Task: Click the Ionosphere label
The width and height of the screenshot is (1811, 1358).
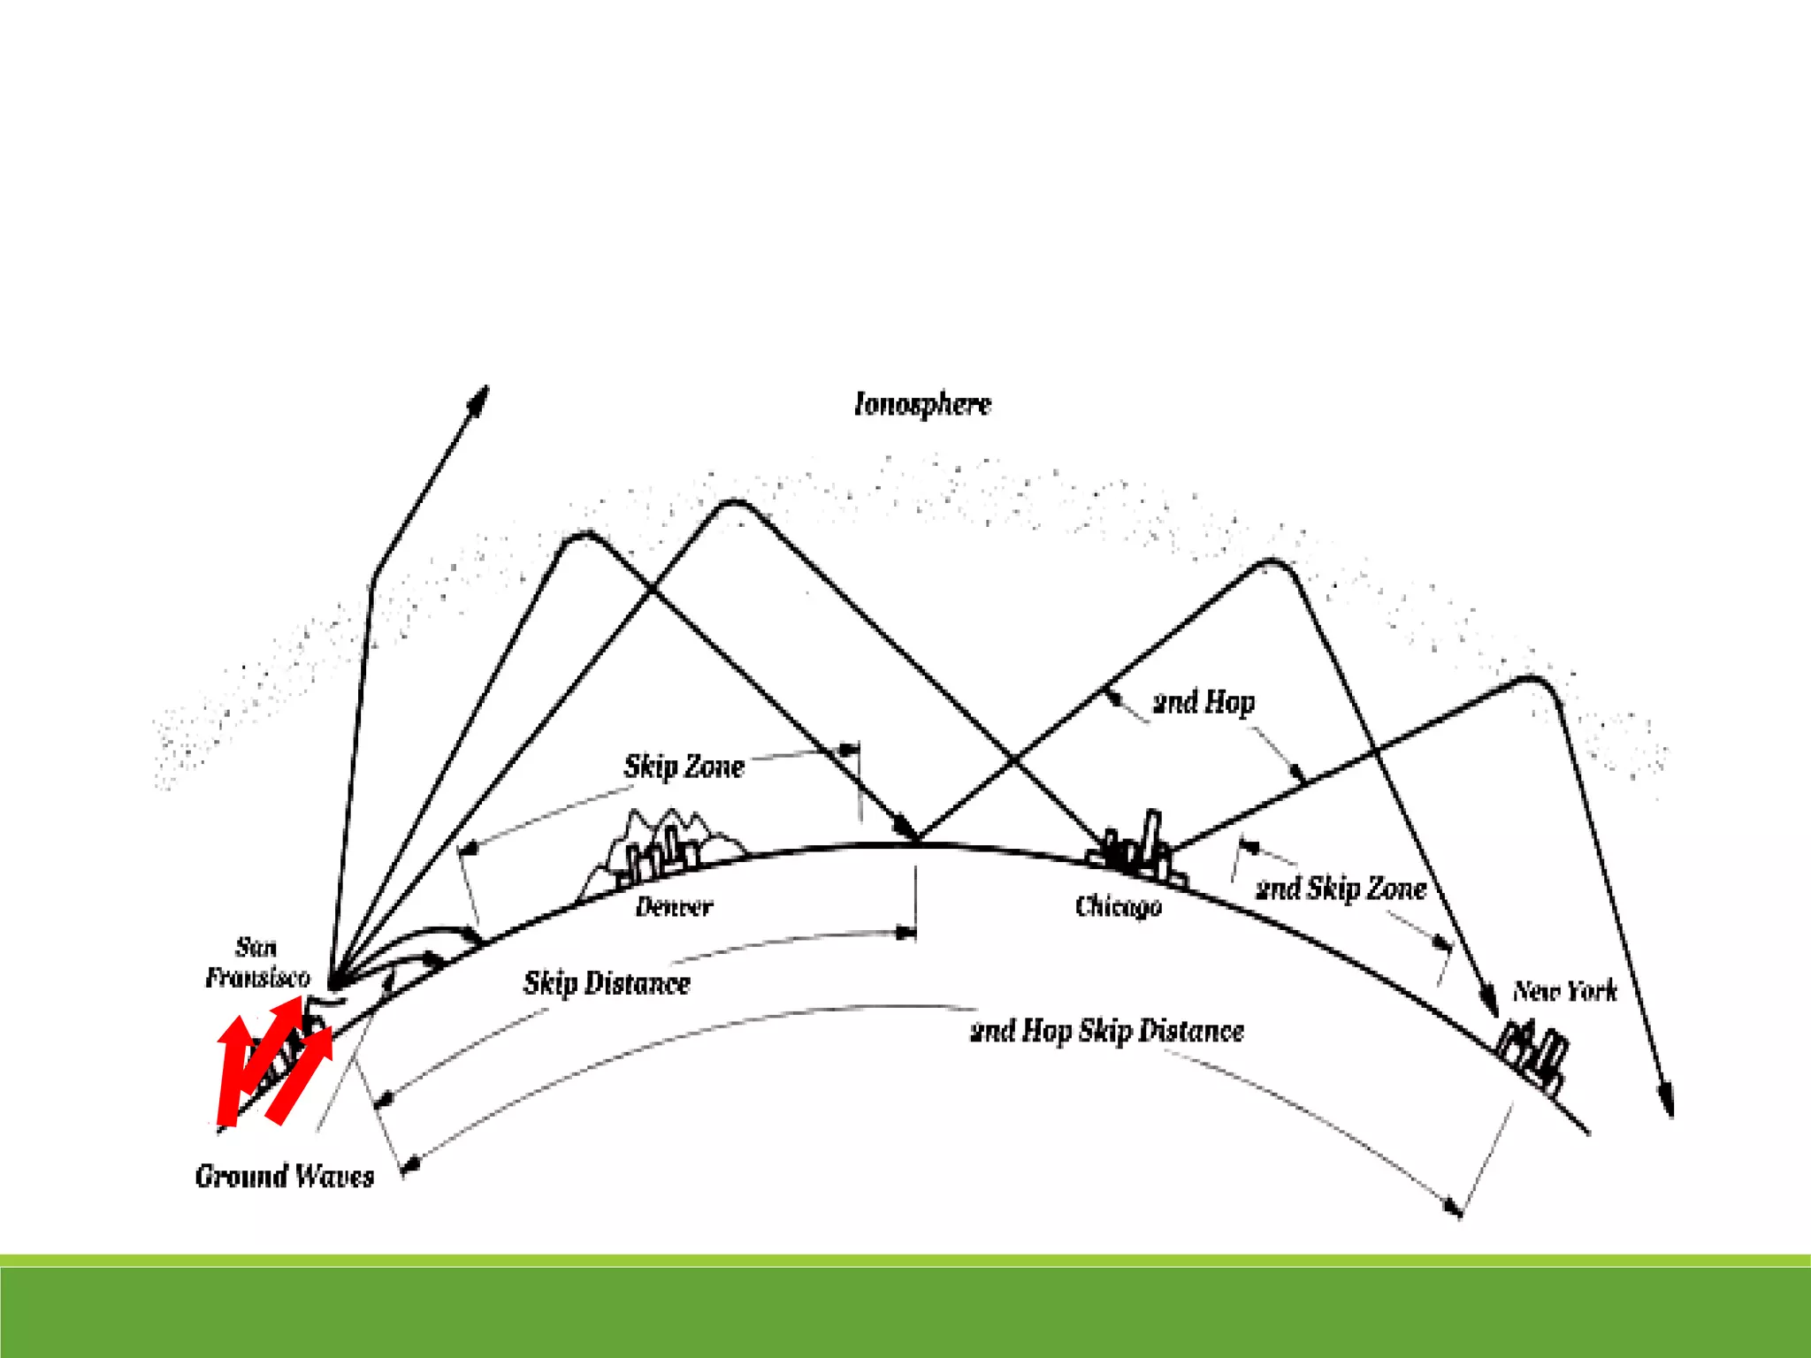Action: pos(922,404)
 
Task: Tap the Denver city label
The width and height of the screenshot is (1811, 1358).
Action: pos(674,906)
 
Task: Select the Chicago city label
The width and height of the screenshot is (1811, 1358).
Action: pos(1118,906)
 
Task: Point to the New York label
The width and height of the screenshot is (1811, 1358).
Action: pos(1564,990)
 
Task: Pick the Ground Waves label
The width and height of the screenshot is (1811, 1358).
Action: pos(285,1176)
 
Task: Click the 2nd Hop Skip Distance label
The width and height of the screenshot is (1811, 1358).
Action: pos(1107,1031)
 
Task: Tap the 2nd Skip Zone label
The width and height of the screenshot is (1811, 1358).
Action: pos(1341,888)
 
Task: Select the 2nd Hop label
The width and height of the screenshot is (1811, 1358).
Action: pos(1204,702)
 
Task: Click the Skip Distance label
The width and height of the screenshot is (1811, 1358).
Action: pos(607,982)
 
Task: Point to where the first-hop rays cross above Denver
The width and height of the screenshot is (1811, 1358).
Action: pos(653,587)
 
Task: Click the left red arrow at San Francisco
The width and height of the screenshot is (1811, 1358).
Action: pos(233,1070)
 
